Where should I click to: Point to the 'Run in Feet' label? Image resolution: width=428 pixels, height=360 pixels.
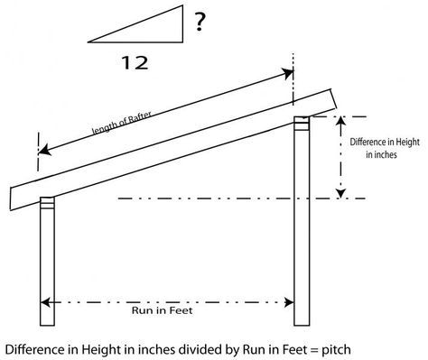click(x=164, y=311)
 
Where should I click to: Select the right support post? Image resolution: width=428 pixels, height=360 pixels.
click(x=302, y=226)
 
